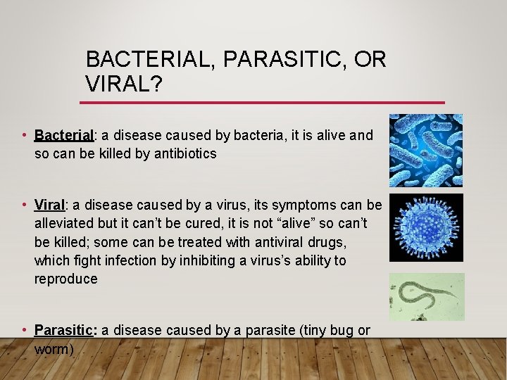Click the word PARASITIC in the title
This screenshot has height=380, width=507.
[x=281, y=59]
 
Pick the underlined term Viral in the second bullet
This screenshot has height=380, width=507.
[x=49, y=205]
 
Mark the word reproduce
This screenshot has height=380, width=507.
[x=66, y=279]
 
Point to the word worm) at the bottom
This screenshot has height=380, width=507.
[x=54, y=348]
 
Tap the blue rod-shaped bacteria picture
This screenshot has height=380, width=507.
[x=426, y=150]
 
